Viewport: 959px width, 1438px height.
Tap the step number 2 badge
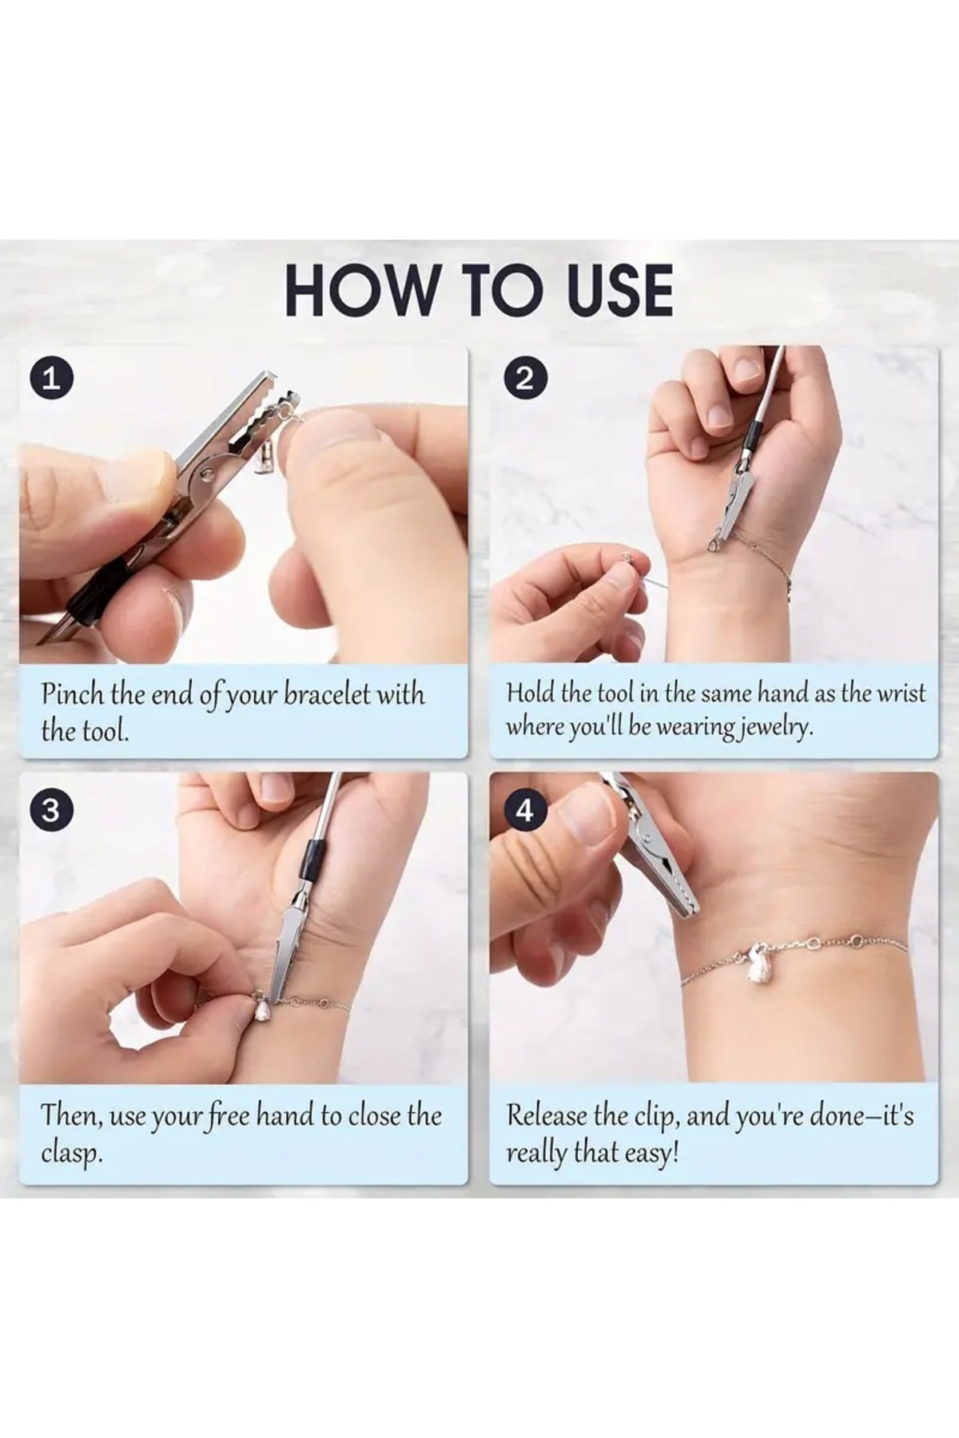click(x=524, y=377)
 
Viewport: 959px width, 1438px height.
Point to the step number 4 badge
click(x=524, y=811)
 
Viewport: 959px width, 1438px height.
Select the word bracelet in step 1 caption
click(x=327, y=694)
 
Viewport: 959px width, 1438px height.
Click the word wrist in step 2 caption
click(x=901, y=692)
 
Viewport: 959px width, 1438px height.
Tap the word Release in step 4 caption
click(x=547, y=1114)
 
